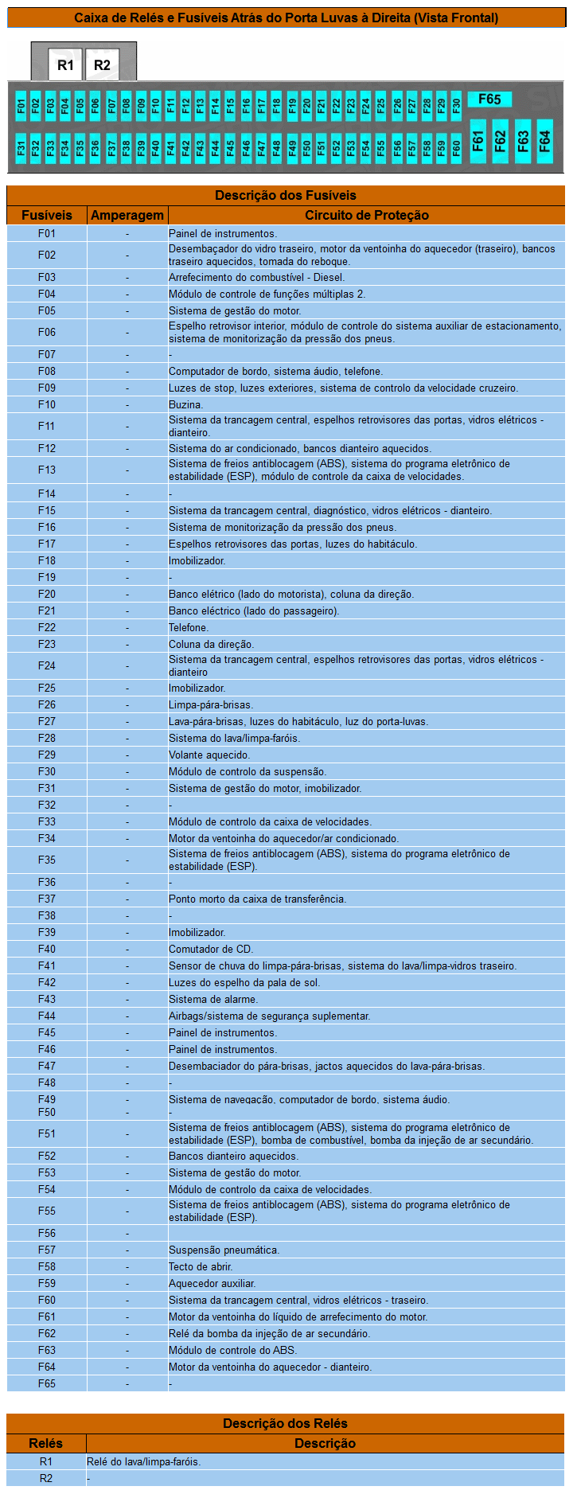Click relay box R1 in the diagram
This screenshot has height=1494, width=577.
(65, 65)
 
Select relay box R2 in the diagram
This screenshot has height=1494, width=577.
(102, 65)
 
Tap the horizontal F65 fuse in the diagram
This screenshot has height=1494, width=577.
(489, 99)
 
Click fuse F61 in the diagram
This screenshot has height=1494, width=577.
(478, 141)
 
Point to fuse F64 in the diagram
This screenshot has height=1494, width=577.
(544, 141)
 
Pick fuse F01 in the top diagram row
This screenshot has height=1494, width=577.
(21, 105)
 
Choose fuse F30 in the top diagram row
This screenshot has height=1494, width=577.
(456, 105)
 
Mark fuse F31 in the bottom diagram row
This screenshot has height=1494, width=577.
(21, 147)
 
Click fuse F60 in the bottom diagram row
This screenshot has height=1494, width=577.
(456, 147)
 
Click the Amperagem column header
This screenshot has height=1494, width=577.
(127, 215)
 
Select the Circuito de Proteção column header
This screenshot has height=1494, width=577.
(366, 215)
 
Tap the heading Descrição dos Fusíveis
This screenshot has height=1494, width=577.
(286, 195)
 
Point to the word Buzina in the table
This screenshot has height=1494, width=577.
(185, 404)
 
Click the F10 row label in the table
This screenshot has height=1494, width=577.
(47, 404)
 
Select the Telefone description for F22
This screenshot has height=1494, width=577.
(189, 627)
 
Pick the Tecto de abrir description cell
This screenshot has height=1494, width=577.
(201, 1266)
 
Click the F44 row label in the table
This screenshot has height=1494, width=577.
(47, 1016)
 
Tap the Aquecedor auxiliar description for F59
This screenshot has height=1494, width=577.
(212, 1283)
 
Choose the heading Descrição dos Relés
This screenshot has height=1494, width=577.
(286, 1423)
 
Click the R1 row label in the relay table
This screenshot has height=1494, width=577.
(46, 1461)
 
